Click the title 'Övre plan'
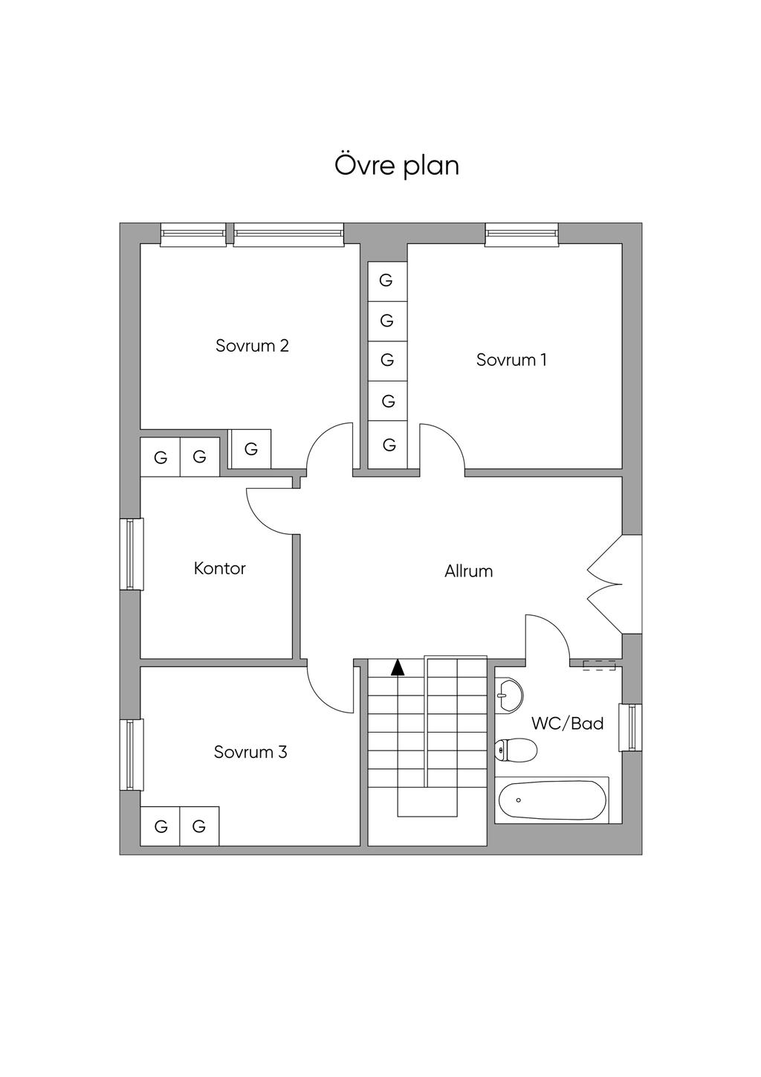[397, 165]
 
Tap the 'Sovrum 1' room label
[511, 360]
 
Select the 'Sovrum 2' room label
[252, 346]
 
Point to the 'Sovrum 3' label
[250, 752]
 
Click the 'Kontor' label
[219, 568]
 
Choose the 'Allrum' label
[468, 571]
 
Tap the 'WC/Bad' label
[567, 723]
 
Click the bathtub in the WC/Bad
[551, 800]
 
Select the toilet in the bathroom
[516, 750]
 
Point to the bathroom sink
[510, 695]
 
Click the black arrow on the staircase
[398, 667]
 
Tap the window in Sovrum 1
[522, 234]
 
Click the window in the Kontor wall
[132, 553]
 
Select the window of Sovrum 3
[132, 754]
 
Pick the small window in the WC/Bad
[632, 727]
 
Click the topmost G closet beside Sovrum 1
[386, 281]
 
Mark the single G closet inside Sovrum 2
[250, 449]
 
